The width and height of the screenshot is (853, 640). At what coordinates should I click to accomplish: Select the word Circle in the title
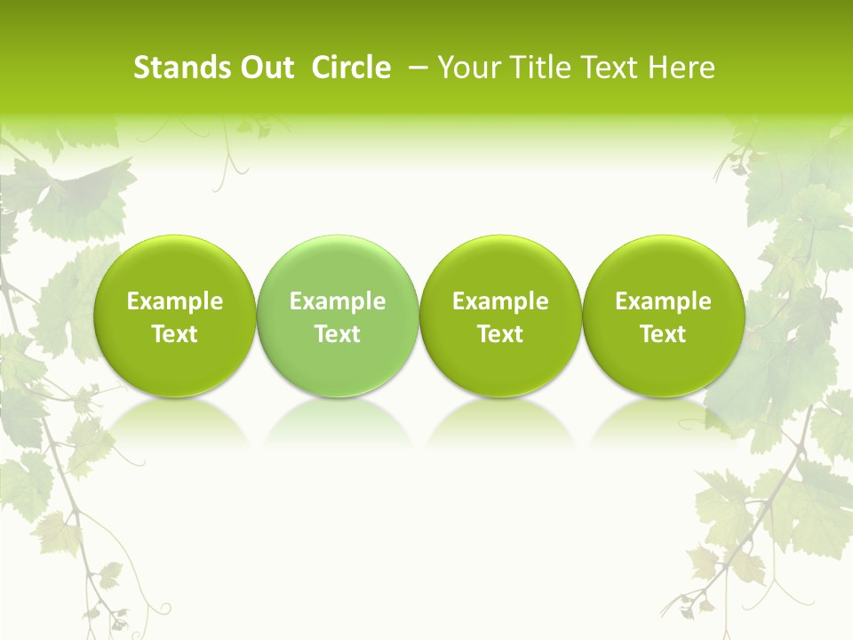(351, 68)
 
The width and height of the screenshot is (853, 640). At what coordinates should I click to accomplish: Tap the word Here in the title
(682, 68)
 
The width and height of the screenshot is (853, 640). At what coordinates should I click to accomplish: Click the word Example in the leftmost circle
(174, 301)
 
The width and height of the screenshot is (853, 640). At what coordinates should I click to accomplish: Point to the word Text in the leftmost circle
(174, 334)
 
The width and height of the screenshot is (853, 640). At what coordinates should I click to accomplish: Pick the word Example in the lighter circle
(338, 301)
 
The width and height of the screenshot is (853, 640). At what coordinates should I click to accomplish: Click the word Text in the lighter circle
(338, 334)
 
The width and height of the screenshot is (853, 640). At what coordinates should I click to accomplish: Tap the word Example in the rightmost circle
(663, 301)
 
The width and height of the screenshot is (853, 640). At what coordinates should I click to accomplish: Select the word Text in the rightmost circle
(663, 334)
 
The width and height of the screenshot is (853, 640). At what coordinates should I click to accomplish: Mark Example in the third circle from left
(500, 301)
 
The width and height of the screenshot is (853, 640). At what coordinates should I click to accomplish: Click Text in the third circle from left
(500, 334)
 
